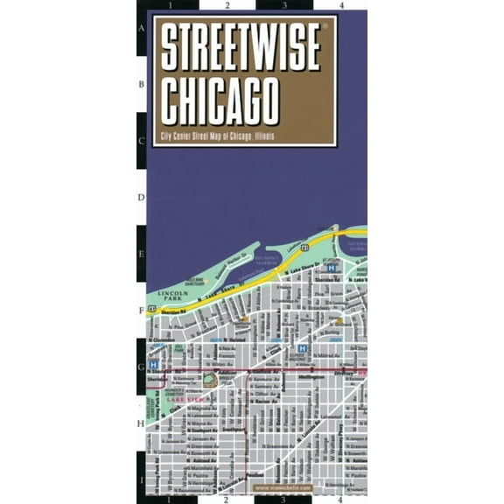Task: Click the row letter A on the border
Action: tap(142, 27)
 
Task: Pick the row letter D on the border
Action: tap(142, 198)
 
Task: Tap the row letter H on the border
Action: tap(142, 423)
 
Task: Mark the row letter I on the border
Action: tap(142, 479)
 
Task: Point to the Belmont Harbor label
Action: tap(265, 260)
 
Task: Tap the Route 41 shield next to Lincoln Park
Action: tap(153, 309)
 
